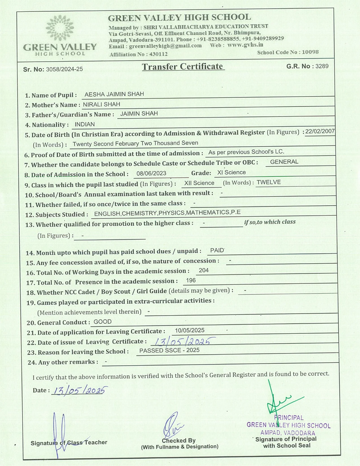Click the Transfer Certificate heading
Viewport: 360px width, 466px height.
pos(183,67)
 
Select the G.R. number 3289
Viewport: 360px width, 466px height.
pos(322,66)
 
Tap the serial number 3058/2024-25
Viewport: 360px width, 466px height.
pos(64,69)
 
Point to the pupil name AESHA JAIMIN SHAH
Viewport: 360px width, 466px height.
pos(114,94)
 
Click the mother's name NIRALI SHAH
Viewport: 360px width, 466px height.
pos(102,104)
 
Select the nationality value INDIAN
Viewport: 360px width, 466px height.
pos(85,124)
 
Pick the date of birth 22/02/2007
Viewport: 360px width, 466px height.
pos(320,131)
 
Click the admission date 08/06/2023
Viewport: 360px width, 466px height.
pos(151,173)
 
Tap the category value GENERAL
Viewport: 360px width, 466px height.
pos(284,162)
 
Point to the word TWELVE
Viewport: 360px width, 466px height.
pos(269,182)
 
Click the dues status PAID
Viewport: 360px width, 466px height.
pos(217,251)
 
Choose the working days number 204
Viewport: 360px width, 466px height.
pos(204,270)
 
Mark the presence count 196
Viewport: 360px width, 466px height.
pos(191,280)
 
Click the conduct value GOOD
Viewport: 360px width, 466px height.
pos(102,322)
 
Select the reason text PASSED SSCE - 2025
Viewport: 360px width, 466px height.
pos(169,350)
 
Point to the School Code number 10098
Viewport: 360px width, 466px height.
pos(310,52)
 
